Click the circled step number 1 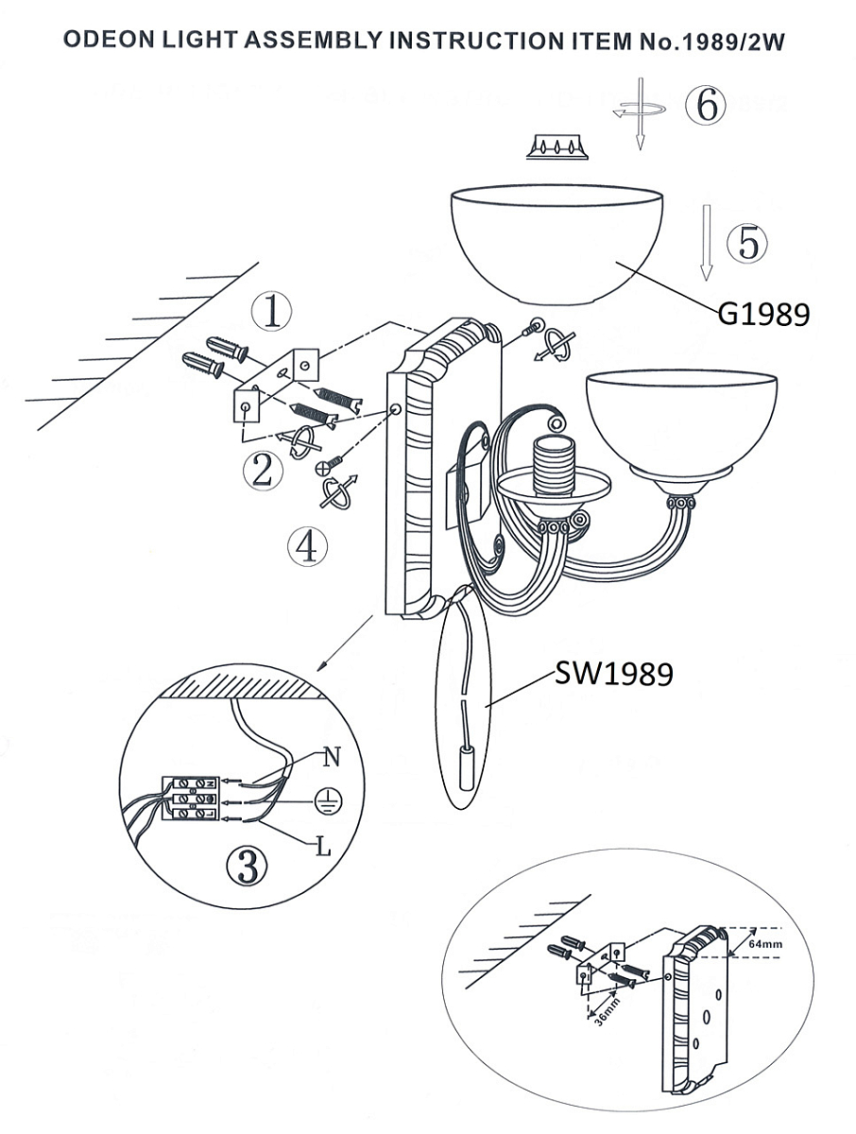271,312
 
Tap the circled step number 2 263,471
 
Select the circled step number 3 248,866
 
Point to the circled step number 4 308,546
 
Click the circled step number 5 746,243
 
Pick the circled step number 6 705,104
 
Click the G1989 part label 763,314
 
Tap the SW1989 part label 614,673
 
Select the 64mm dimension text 765,944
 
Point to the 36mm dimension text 607,1012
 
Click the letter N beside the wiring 332,757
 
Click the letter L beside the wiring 323,845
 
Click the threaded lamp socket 553,466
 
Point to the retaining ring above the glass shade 557,146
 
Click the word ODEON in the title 109,40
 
